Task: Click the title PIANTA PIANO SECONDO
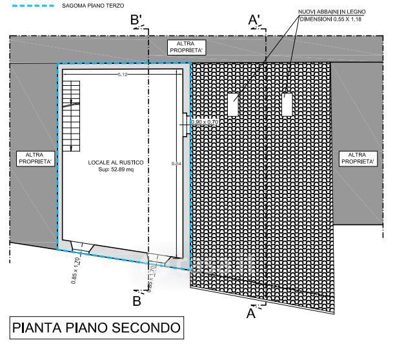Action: [x=96, y=327]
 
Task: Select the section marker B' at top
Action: [x=136, y=20]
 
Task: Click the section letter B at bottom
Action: [x=137, y=300]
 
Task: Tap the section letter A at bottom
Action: [x=250, y=314]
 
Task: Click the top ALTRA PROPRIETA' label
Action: [x=186, y=46]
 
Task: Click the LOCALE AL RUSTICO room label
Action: [x=116, y=162]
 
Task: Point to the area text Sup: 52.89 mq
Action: [x=116, y=170]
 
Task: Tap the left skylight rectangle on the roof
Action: [x=233, y=104]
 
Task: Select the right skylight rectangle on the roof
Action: [x=287, y=105]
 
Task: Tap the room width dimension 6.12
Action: [x=123, y=75]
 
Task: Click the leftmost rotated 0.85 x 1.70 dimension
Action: [x=77, y=270]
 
